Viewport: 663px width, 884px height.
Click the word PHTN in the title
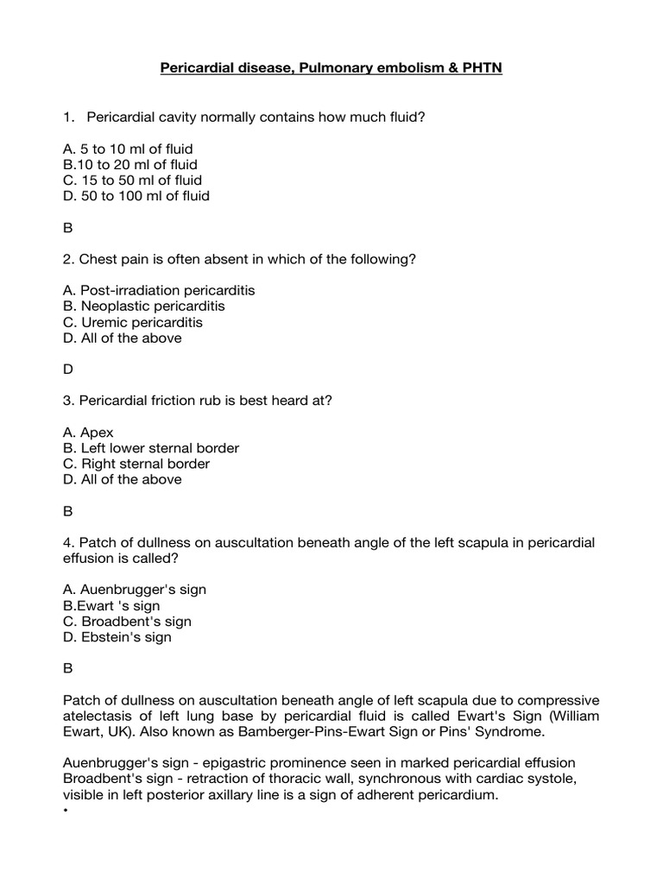pyautogui.click(x=479, y=67)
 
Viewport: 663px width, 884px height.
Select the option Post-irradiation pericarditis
pyautogui.click(x=159, y=290)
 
